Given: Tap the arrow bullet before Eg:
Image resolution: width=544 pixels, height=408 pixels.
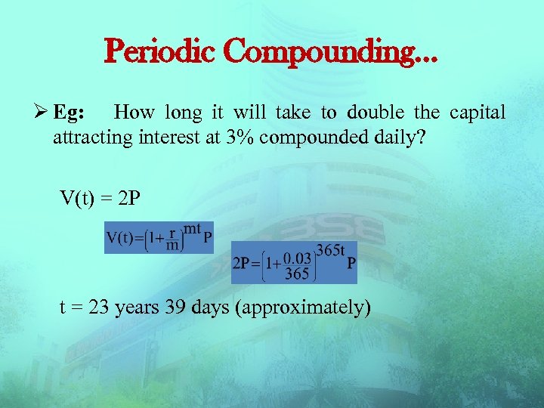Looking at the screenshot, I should coord(42,113).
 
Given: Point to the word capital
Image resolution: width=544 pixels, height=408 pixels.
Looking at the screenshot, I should coord(478,113).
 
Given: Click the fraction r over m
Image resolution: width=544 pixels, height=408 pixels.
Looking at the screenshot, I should coord(173,239).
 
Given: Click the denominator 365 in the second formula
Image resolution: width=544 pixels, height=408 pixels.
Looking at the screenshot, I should coord(297,274).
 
